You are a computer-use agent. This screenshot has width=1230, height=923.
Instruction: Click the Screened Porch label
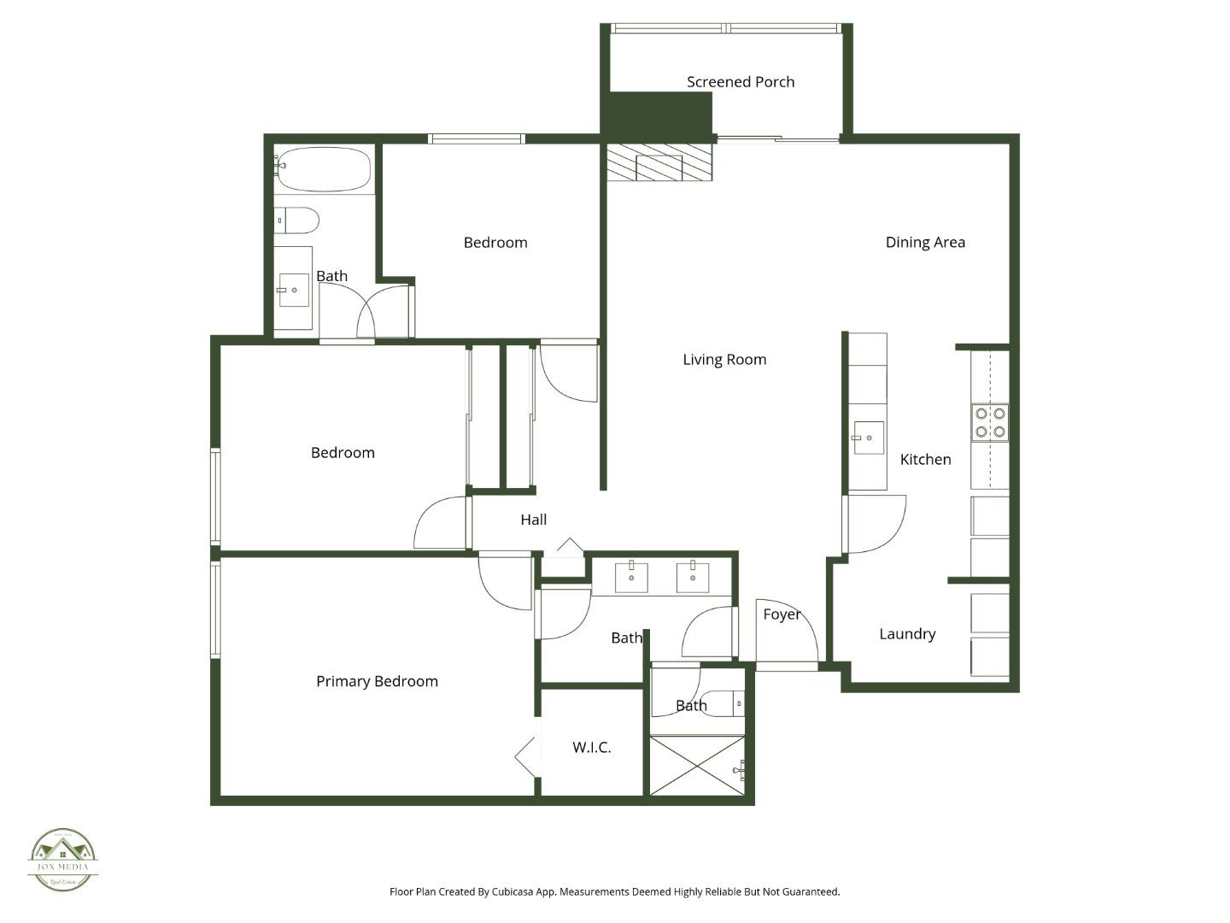pos(741,82)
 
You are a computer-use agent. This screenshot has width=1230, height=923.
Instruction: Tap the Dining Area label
pos(925,243)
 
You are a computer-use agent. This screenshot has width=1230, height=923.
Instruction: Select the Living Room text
pos(724,360)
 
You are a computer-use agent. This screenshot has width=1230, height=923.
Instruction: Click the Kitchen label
pos(925,460)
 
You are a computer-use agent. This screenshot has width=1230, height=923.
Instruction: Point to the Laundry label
pos(907,634)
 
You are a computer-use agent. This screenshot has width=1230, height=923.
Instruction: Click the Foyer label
pos(782,614)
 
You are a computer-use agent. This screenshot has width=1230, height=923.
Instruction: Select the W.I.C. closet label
pos(591,748)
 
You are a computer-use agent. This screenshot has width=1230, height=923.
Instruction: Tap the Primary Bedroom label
pos(377,682)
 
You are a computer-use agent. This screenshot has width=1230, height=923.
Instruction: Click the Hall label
pos(533,520)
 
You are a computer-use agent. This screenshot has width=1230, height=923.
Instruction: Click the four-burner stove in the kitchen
pos(990,423)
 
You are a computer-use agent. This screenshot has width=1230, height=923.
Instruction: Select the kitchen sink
pos(869,438)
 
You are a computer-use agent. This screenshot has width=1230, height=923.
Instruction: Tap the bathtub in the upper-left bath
pos(324,169)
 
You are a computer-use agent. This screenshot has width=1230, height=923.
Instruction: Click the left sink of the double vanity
pos(631,578)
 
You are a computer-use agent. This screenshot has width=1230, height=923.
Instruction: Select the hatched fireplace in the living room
pos(659,162)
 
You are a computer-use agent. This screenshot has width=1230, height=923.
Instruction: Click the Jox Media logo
pos(62,859)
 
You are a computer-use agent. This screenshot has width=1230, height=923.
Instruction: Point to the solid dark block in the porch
pos(657,114)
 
